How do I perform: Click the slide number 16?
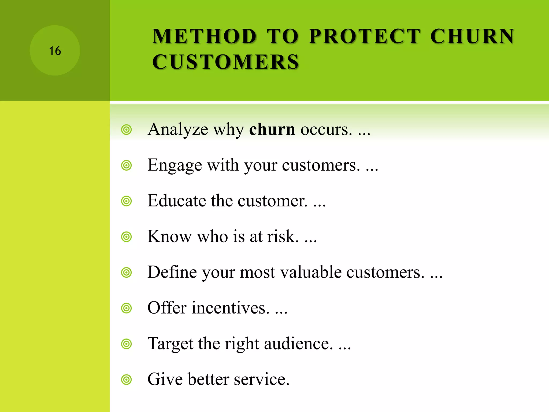click(x=55, y=51)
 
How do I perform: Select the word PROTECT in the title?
click(x=365, y=36)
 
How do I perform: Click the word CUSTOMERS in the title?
click(x=225, y=62)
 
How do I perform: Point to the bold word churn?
click(x=272, y=129)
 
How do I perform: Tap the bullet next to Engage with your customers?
click(x=126, y=165)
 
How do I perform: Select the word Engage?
click(x=175, y=165)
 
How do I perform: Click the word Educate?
click(x=177, y=201)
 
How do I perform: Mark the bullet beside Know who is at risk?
click(x=126, y=237)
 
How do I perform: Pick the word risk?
click(x=283, y=236)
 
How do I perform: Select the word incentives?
click(x=230, y=308)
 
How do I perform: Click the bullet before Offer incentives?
click(x=126, y=308)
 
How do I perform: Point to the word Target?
click(x=170, y=344)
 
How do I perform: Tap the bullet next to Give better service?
click(x=126, y=380)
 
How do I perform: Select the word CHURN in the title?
click(x=472, y=36)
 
